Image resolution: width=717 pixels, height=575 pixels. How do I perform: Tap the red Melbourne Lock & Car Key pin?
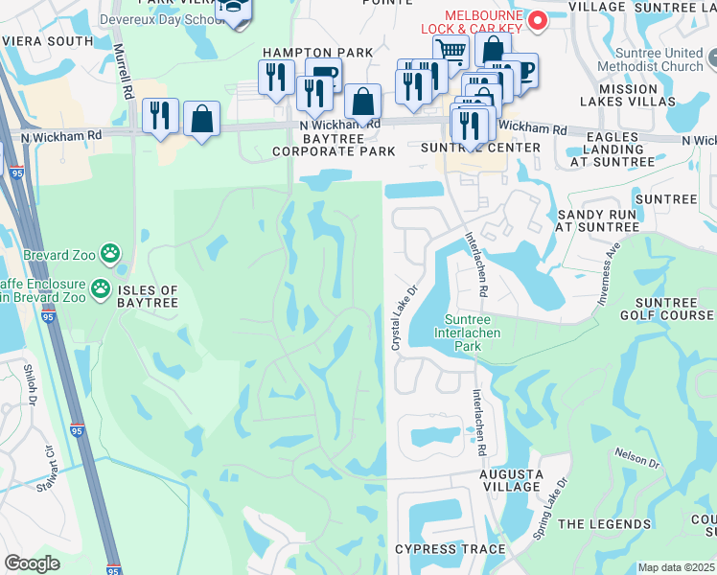click(x=538, y=19)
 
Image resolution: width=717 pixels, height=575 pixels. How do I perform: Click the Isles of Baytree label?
click(x=149, y=296)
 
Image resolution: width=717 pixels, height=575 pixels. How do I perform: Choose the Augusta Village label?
click(x=513, y=480)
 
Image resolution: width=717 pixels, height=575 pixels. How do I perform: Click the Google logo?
click(x=32, y=564)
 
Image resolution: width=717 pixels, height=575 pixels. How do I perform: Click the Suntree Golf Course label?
click(x=674, y=309)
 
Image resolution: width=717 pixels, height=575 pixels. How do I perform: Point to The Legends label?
click(x=604, y=524)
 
